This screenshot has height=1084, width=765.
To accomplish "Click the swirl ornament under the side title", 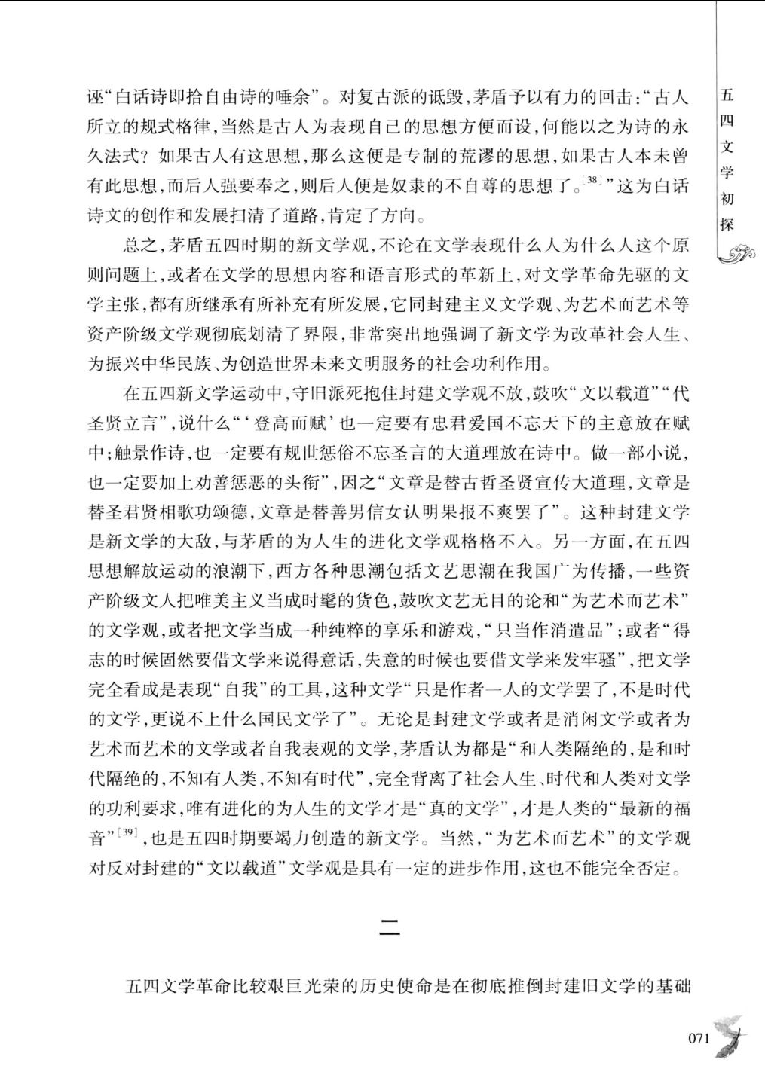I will coord(736,256).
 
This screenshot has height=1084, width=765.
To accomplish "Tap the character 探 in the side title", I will coord(727,224).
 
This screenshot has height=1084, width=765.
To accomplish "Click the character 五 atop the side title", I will coord(727,96).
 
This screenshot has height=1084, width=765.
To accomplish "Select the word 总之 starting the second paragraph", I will coord(142,246).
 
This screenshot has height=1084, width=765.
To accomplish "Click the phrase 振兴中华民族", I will coord(151,364).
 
